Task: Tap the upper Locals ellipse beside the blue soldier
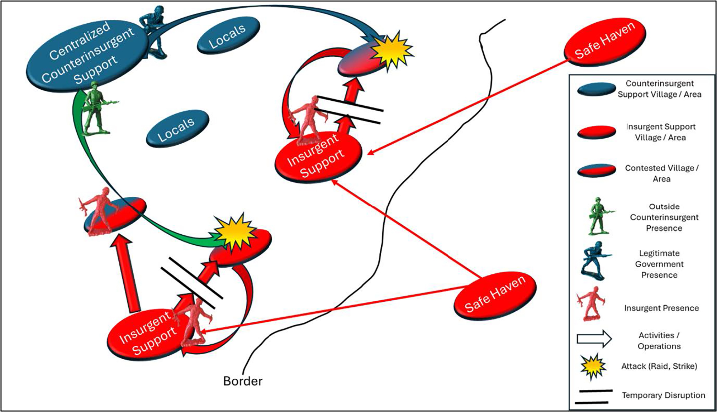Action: pyautogui.click(x=228, y=35)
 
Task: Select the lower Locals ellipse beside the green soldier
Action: pyautogui.click(x=177, y=128)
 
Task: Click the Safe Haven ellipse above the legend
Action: pyautogui.click(x=605, y=42)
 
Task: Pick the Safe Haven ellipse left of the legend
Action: pyautogui.click(x=495, y=296)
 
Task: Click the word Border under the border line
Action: pyautogui.click(x=243, y=381)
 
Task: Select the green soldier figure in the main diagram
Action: pyautogui.click(x=96, y=107)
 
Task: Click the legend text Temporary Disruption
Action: pyautogui.click(x=663, y=395)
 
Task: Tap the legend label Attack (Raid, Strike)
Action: pyautogui.click(x=659, y=366)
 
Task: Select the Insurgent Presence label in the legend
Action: pyautogui.click(x=661, y=308)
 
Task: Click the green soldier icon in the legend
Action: pyautogui.click(x=598, y=216)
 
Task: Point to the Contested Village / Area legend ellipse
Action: pyautogui.click(x=596, y=171)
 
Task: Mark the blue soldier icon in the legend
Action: pyautogui.click(x=593, y=261)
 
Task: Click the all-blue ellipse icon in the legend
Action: pyautogui.click(x=596, y=89)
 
